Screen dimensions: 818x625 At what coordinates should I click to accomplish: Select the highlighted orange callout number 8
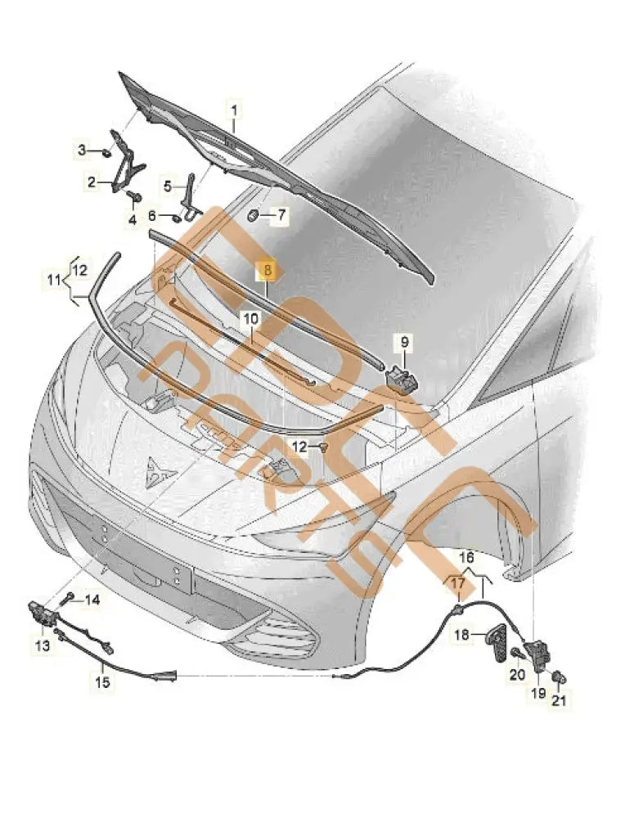click(x=268, y=271)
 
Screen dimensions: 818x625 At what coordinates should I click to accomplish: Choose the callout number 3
click(x=82, y=150)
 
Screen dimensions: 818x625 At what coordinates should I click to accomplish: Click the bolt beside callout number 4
click(x=134, y=196)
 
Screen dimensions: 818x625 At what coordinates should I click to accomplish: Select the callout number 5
click(x=168, y=186)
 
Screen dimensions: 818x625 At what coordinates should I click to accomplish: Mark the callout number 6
click(x=152, y=216)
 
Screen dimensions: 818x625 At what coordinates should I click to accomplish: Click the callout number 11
click(x=53, y=281)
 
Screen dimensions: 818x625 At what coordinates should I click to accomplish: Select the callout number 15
click(x=102, y=680)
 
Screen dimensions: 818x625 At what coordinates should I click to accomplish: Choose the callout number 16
click(x=465, y=556)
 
